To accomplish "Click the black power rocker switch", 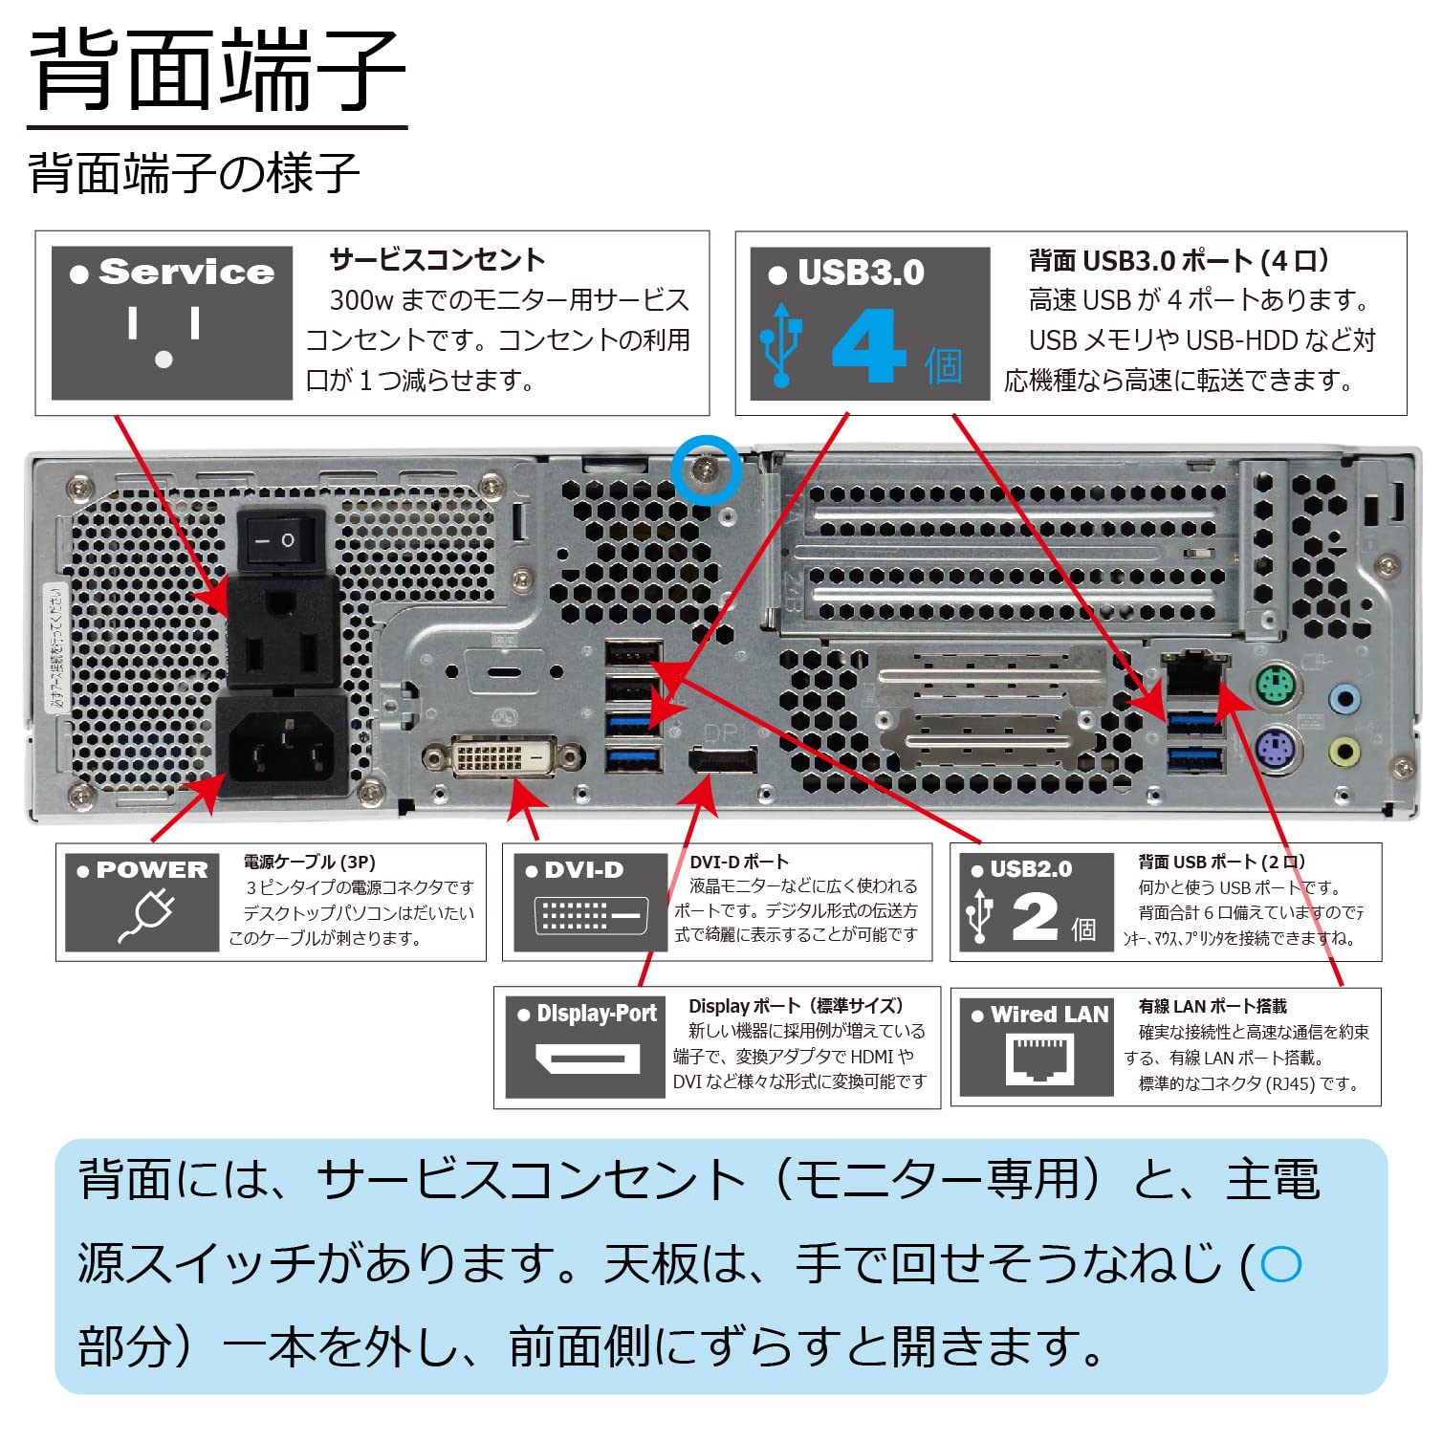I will coord(280,540).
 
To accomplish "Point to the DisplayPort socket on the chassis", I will coord(723,760).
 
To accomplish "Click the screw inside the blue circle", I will coord(706,470).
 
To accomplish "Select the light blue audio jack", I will coord(1344,698).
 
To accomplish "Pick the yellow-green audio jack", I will coord(1344,751).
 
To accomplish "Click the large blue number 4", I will coord(868,346).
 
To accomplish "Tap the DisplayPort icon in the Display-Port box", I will coord(586,1059).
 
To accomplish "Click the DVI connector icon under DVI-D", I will coord(590,915).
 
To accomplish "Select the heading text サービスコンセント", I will coord(437,260).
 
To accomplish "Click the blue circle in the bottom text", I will coord(1280,1264).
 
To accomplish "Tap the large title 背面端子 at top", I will coord(218,69).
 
